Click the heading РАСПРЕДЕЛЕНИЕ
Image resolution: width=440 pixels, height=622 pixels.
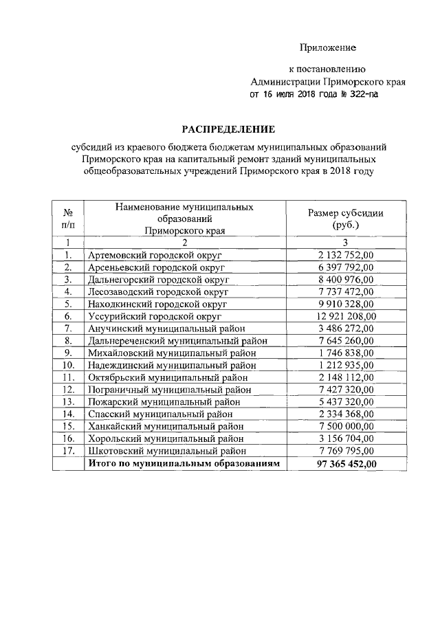[228, 129]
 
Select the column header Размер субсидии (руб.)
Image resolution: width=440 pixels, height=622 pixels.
[346, 219]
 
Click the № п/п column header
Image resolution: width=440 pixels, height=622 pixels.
[68, 219]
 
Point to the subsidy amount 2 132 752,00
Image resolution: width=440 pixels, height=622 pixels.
[346, 255]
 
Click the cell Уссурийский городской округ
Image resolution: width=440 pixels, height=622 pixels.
[155, 316]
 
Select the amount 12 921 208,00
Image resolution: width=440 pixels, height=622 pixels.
[346, 316]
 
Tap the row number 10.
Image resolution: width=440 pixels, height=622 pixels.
[68, 365]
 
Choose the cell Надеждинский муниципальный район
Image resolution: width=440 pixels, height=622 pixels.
[176, 365]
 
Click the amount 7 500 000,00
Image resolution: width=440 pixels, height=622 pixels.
[346, 426]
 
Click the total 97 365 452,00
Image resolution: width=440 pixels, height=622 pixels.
[346, 464]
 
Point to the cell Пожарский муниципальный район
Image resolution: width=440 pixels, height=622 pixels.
[164, 401]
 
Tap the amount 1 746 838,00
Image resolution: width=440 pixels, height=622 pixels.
[346, 353]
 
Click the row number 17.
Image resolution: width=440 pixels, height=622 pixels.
[68, 451]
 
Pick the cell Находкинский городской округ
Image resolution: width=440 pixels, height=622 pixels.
[157, 304]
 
